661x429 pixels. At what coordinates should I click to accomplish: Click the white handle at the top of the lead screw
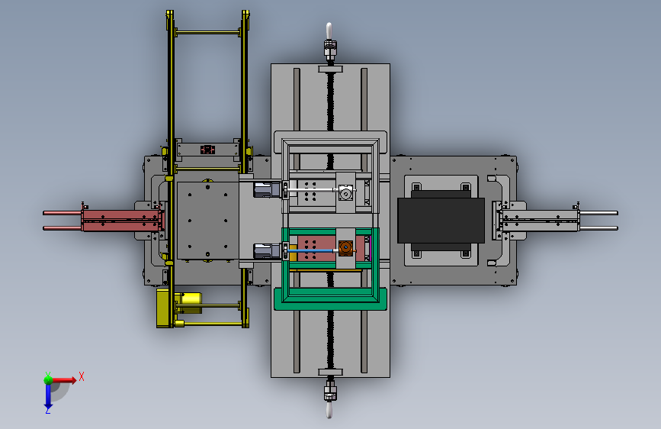point(329,31)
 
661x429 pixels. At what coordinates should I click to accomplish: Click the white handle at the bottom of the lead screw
point(329,410)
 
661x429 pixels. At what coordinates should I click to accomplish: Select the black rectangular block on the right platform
point(441,221)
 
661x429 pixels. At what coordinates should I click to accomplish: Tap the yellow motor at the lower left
point(188,303)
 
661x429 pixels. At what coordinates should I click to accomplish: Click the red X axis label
point(82,376)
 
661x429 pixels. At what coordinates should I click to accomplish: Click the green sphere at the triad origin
point(49,380)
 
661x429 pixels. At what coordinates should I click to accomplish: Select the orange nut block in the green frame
point(345,248)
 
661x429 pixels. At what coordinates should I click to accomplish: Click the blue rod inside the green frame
point(313,251)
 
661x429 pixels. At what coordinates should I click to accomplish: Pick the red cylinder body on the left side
point(121,221)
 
